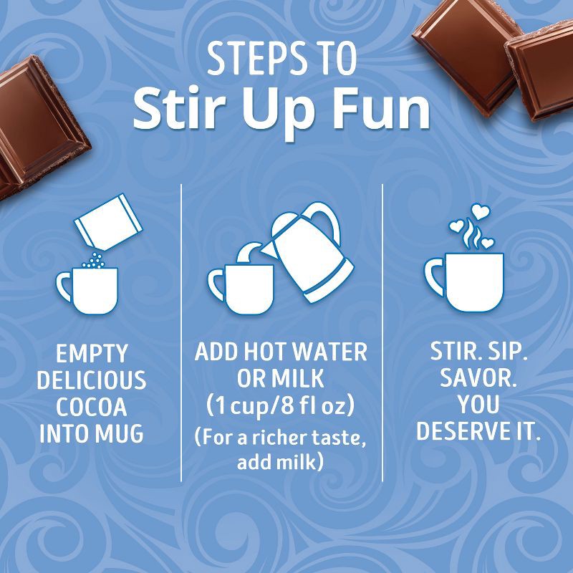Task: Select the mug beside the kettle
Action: [240, 284]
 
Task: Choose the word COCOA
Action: [92, 407]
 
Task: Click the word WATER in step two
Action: [330, 352]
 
